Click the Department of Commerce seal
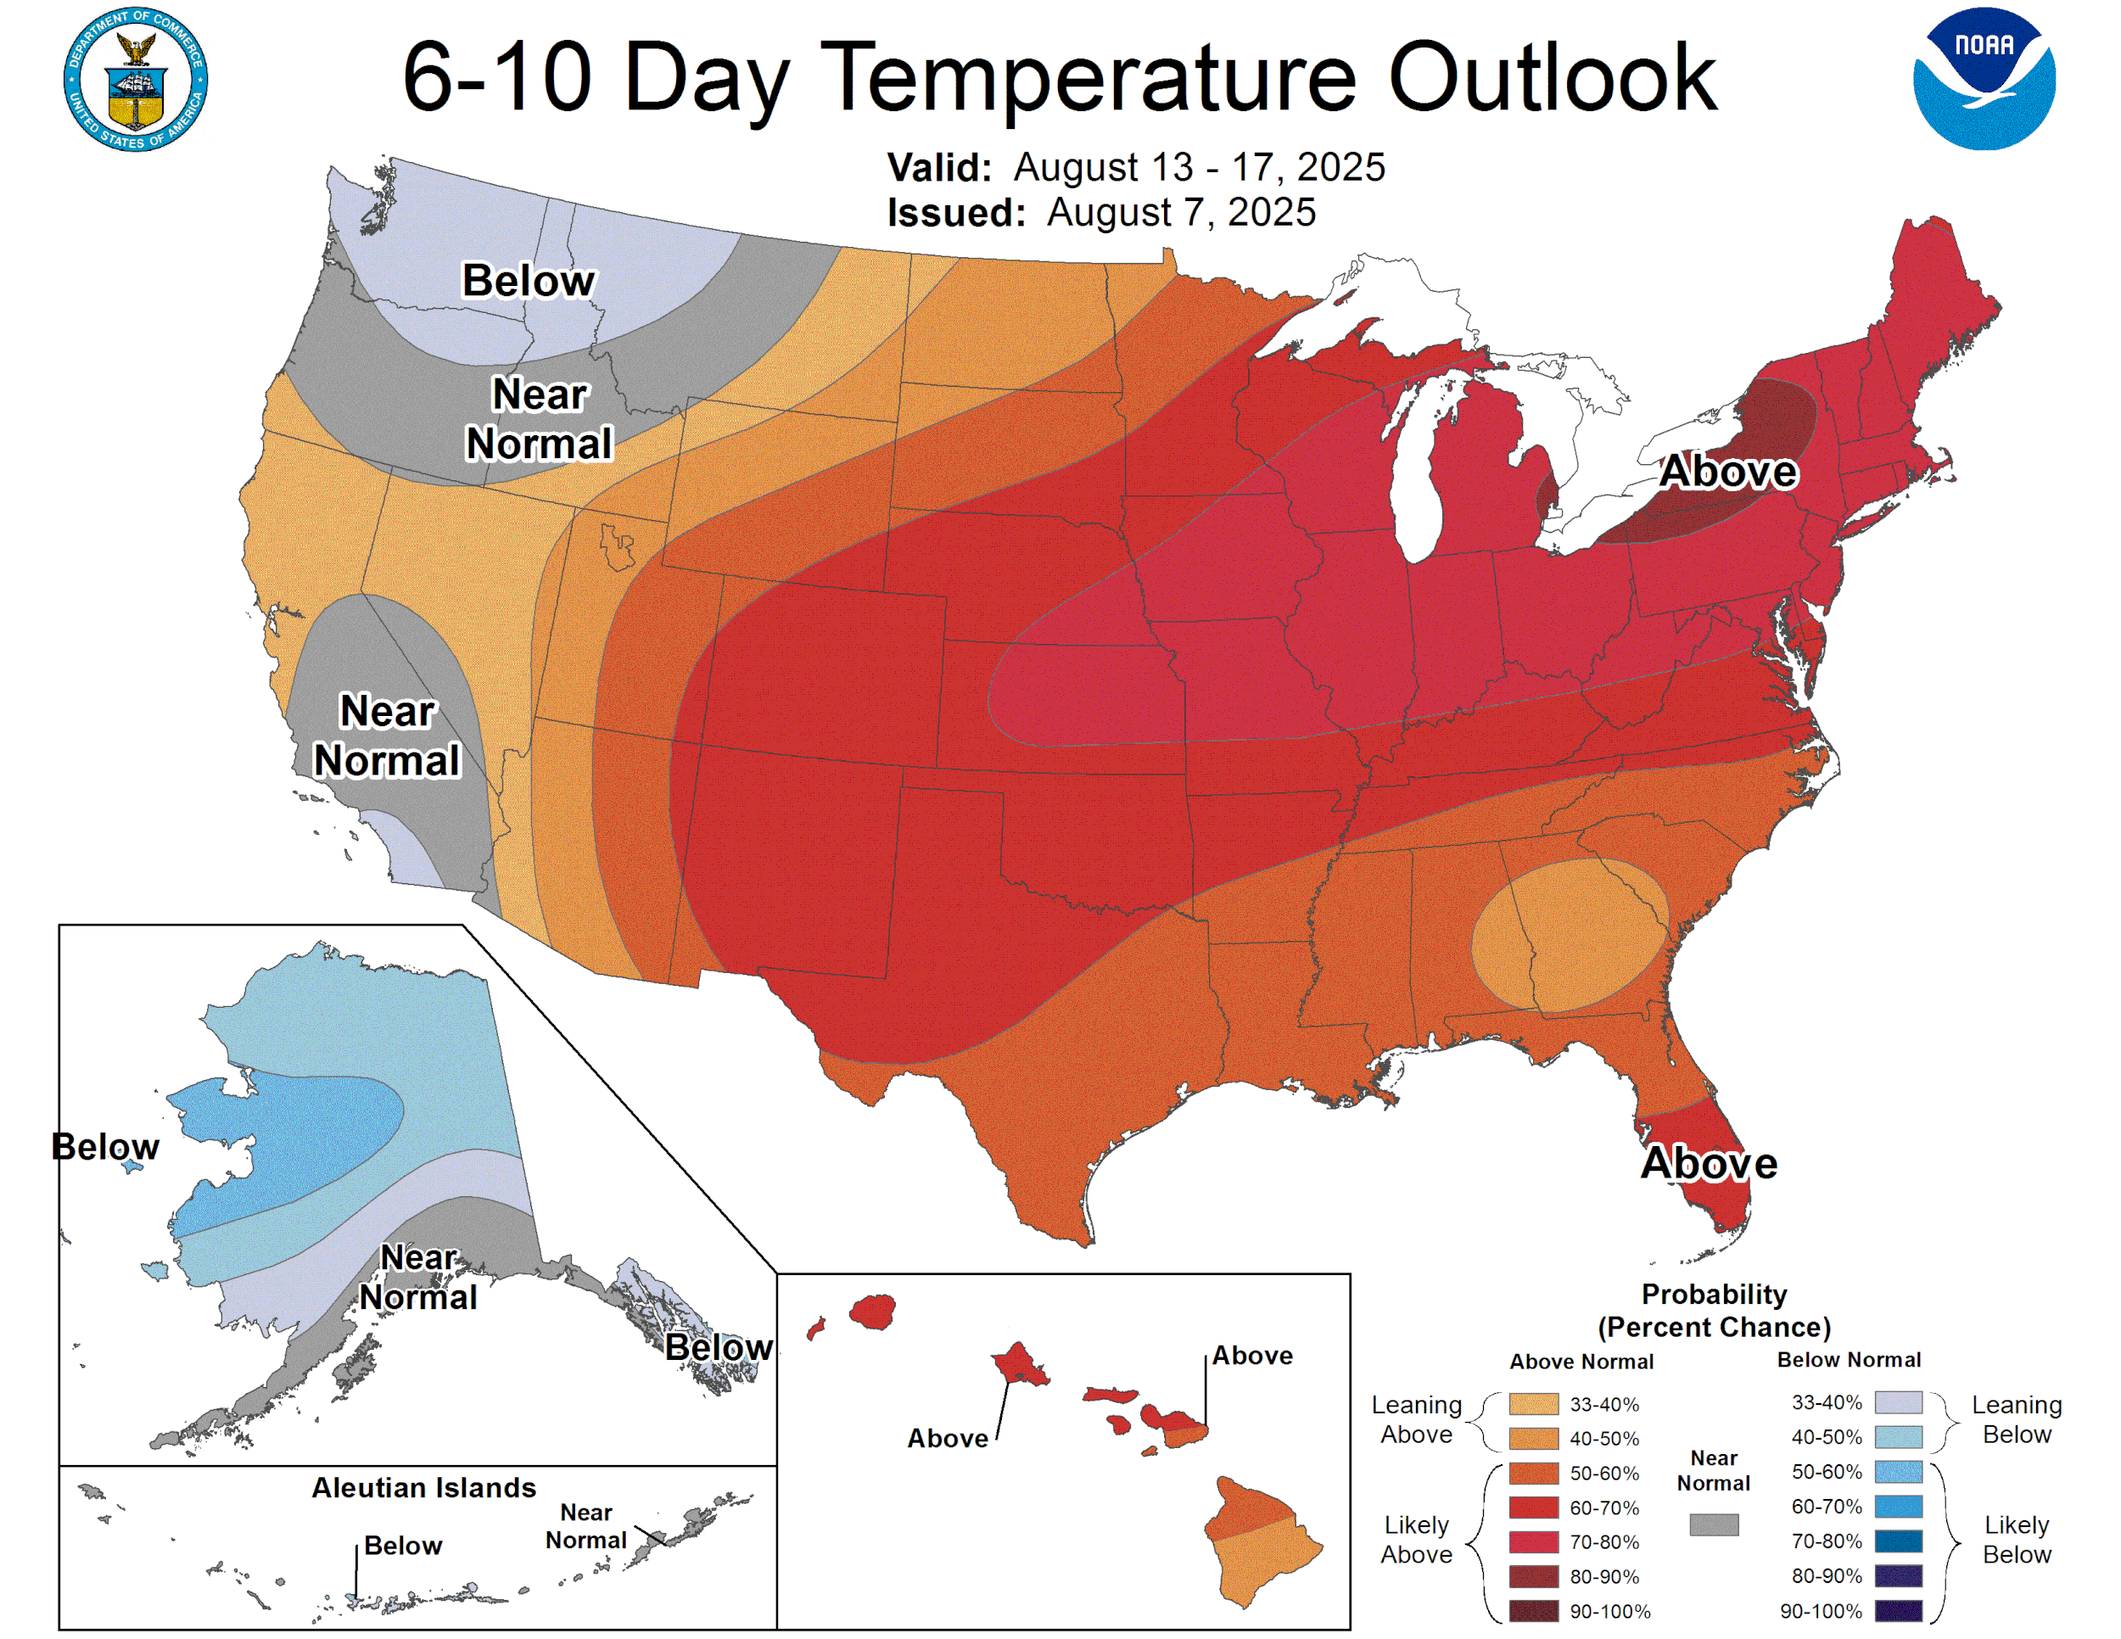click(136, 79)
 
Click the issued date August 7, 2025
click(1180, 213)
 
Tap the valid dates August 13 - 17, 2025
click(1199, 167)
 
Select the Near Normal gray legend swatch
click(1713, 1524)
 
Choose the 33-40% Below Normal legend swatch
click(1898, 1402)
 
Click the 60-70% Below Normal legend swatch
click(1898, 1507)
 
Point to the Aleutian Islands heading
click(423, 1487)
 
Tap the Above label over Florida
click(1709, 1163)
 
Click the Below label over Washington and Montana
click(529, 282)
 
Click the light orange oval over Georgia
click(1570, 934)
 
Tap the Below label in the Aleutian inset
click(403, 1546)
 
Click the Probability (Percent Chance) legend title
click(1713, 1311)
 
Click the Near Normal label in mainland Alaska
click(417, 1277)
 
